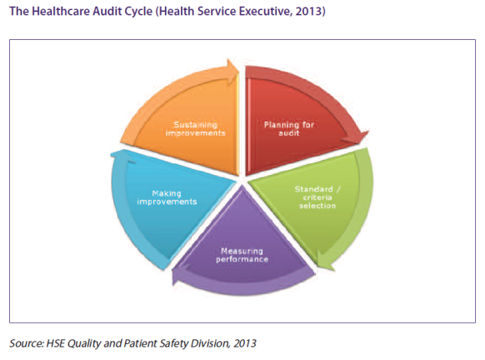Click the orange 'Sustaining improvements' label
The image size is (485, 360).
(196, 128)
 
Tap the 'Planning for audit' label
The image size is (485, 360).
(289, 128)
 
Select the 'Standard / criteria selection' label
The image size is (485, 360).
(317, 197)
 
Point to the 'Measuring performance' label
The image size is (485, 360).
(242, 255)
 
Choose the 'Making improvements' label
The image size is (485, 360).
(167, 197)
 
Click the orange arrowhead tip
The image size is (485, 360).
(238, 72)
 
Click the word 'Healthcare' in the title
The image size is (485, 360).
(61, 12)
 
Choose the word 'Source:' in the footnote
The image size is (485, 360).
(27, 343)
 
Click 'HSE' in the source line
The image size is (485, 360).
(55, 343)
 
